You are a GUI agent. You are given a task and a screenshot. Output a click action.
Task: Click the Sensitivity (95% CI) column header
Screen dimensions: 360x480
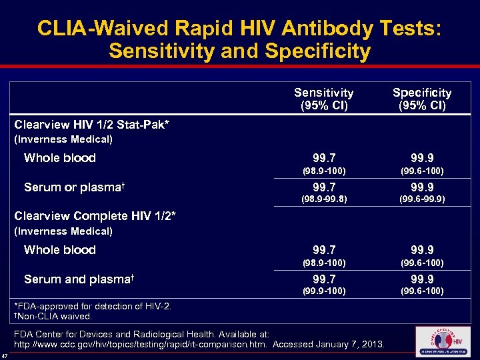[324, 99]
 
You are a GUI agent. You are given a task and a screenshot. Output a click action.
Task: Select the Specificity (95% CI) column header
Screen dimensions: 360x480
[421, 99]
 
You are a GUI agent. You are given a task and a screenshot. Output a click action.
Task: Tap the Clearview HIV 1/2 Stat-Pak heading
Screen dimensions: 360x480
[92, 125]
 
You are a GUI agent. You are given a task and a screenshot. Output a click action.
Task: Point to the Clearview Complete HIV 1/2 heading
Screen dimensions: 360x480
[95, 216]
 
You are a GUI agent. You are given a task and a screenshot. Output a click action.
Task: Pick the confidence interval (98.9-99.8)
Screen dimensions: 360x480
[324, 199]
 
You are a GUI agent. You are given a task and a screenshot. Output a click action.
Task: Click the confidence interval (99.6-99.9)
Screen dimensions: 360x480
[421, 199]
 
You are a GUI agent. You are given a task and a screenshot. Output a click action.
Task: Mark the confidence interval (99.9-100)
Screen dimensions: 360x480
[324, 291]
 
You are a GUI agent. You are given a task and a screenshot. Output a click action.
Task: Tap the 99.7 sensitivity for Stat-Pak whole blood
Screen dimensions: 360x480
[324, 158]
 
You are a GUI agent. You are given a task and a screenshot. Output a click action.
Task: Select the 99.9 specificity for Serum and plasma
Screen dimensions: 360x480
[421, 279]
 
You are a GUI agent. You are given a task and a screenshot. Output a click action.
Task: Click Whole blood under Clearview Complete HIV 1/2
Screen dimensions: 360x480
[60, 250]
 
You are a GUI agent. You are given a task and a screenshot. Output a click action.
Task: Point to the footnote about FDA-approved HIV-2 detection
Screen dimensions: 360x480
[93, 306]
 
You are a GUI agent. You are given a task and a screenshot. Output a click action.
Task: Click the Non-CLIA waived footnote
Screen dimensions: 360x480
[53, 316]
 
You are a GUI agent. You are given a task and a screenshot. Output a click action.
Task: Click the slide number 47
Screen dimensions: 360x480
[5, 355]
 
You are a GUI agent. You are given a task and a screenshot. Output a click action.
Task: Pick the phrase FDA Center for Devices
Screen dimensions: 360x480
[63, 334]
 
